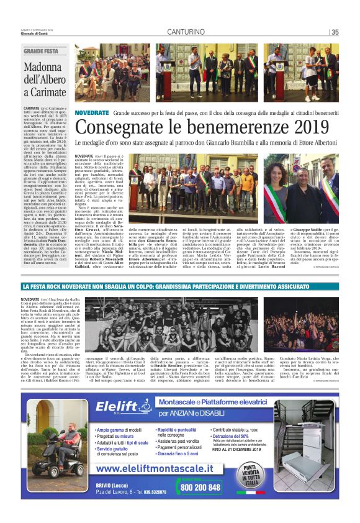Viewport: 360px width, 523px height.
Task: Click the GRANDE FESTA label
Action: (41, 51)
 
